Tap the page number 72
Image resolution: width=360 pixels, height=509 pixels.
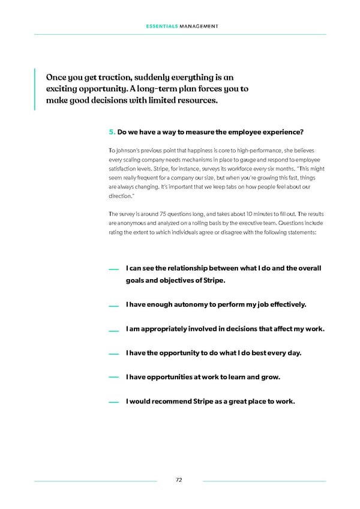coord(179,480)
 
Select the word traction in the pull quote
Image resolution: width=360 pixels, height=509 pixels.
coord(106,77)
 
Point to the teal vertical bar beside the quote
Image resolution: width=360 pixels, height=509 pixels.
coord(35,89)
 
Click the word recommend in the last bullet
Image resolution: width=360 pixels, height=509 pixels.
coord(175,402)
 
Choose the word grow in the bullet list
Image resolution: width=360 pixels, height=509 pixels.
coord(271,377)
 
